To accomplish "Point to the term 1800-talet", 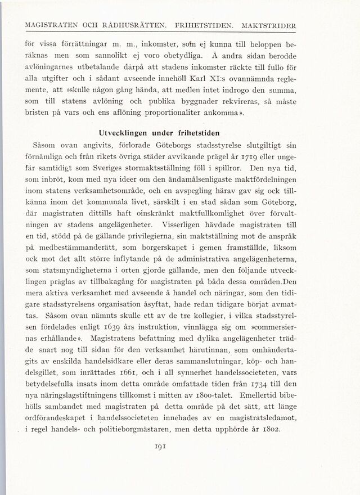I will pyautogui.click(x=221, y=413).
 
